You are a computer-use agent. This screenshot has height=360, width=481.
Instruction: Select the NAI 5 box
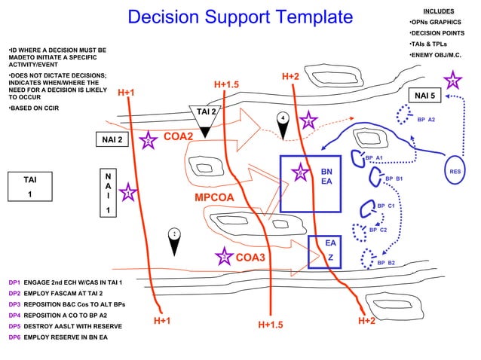coord(422,96)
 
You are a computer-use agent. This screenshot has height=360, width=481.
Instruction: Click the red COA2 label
coord(179,136)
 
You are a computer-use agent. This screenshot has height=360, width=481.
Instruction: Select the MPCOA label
coord(216,197)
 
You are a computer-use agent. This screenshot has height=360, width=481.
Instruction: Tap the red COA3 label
coord(250,258)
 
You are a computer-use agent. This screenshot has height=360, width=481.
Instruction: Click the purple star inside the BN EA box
coord(299,172)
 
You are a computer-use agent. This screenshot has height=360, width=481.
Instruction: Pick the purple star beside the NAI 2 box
coord(149,139)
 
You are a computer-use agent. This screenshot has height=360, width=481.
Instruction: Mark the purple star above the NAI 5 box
coord(451,80)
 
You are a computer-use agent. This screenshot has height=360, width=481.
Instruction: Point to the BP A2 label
coord(425,120)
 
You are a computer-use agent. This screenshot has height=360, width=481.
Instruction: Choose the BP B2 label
coord(386,263)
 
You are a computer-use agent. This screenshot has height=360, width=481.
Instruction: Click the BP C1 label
coord(386,206)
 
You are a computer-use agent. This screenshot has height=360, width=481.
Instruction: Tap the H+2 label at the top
coord(290,77)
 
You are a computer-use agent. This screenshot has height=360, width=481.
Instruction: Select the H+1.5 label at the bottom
coord(270,325)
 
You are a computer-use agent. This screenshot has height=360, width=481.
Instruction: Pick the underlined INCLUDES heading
coord(438,11)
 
